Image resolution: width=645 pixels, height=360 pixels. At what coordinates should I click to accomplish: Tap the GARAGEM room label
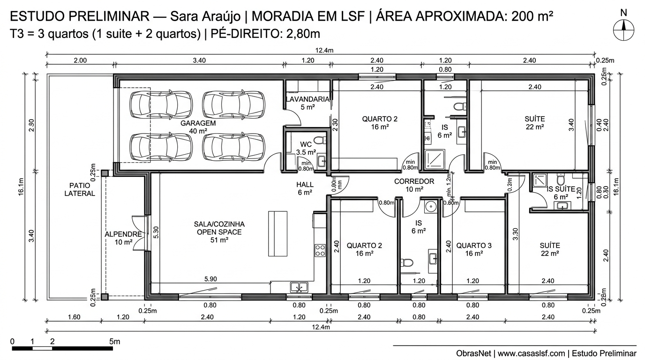point(198,123)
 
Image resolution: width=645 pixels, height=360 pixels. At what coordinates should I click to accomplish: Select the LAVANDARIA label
point(307,99)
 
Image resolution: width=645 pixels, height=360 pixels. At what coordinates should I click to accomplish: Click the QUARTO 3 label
point(474,245)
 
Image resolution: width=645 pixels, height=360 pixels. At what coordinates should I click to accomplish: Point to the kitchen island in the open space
point(277,233)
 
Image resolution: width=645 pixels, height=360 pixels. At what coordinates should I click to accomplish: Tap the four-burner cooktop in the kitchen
point(320,250)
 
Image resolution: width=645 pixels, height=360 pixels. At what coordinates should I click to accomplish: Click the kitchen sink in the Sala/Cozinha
point(299,286)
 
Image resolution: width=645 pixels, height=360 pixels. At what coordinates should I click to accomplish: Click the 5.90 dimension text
point(210,279)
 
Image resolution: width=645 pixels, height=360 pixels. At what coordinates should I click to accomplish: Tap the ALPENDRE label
point(123,234)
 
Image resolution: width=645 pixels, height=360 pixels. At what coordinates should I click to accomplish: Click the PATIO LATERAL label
point(82,189)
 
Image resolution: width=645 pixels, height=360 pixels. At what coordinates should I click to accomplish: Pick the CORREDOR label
point(414,181)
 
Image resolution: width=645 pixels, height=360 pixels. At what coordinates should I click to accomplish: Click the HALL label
point(305,184)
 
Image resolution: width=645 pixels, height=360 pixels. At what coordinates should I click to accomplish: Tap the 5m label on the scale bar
point(114,342)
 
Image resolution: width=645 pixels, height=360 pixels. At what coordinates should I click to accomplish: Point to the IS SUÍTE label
point(561,189)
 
